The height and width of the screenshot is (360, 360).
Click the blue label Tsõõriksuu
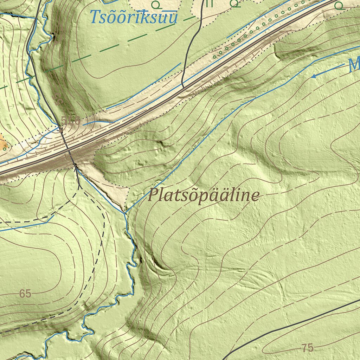(x=134, y=17)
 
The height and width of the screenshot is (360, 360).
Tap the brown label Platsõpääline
(x=204, y=195)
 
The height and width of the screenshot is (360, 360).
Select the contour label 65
(x=25, y=294)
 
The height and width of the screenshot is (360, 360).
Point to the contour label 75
(x=307, y=348)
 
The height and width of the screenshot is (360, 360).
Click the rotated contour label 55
(x=59, y=100)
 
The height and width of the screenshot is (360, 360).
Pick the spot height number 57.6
(x=71, y=121)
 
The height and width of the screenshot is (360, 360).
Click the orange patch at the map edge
(x=3, y=142)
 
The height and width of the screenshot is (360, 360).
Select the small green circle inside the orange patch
(x=4, y=149)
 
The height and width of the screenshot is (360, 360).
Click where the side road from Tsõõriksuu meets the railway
(x=182, y=86)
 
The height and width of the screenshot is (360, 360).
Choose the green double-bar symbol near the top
(x=210, y=4)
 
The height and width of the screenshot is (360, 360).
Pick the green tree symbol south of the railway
(x=339, y=5)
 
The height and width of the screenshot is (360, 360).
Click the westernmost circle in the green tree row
(x=215, y=57)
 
